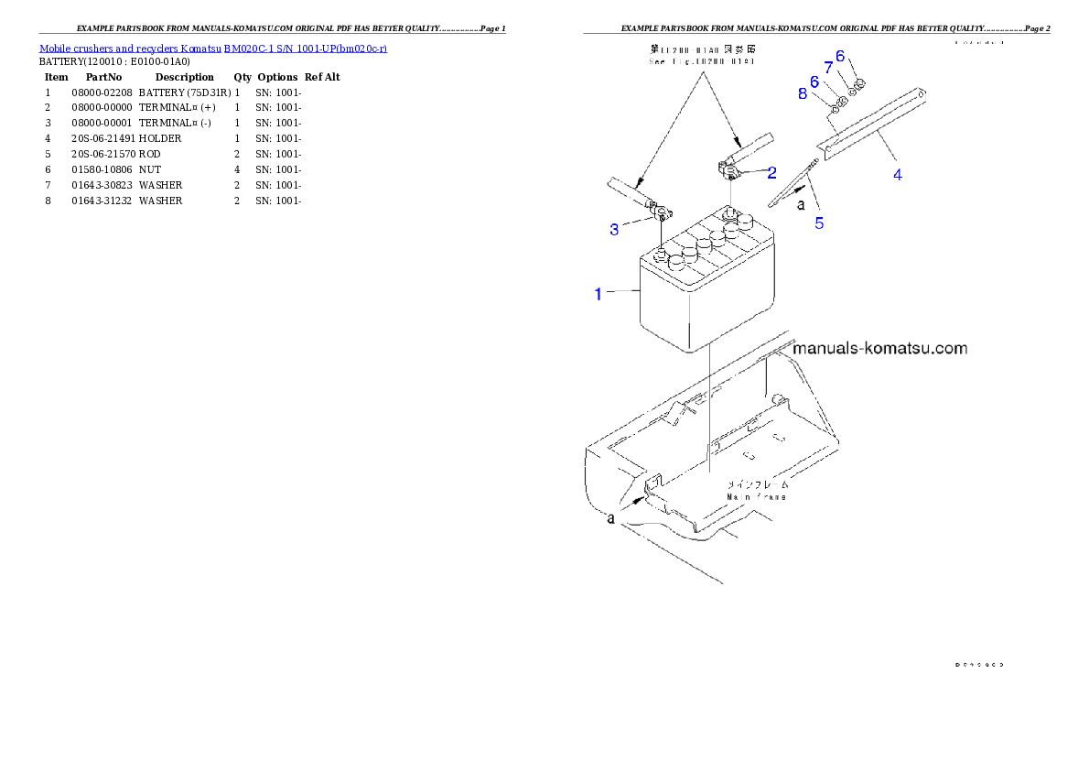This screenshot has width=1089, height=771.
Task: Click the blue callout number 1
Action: [598, 294]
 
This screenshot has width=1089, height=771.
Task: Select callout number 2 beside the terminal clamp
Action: [771, 172]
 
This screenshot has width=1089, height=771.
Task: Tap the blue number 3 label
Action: [614, 230]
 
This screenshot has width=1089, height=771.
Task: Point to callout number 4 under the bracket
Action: [898, 174]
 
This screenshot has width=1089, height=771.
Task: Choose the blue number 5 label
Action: [819, 223]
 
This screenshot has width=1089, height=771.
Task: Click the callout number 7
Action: [829, 68]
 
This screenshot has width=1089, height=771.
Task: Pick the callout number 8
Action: [803, 93]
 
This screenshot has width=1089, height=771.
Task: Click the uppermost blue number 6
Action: [840, 55]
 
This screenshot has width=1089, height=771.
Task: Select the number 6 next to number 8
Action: [814, 81]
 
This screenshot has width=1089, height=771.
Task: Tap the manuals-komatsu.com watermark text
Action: [879, 349]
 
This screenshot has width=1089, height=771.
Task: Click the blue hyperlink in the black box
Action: [212, 48]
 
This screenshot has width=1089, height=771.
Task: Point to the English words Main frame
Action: [756, 497]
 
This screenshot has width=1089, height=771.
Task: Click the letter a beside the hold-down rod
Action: [802, 205]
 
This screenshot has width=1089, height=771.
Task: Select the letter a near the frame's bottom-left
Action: [610, 519]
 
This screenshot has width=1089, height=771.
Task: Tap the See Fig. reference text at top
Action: [703, 61]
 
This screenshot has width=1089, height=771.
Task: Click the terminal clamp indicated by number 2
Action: [732, 168]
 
